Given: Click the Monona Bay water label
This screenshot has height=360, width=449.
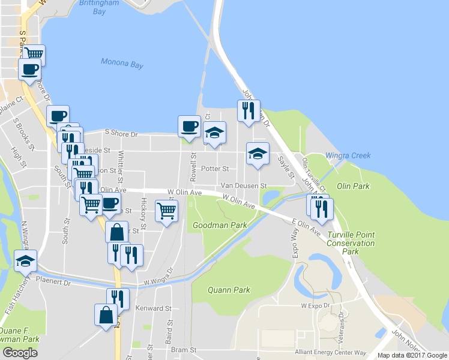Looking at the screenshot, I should [120, 62].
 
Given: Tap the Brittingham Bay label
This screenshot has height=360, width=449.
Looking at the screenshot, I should [101, 7].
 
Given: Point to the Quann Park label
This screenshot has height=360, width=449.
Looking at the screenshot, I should [229, 290].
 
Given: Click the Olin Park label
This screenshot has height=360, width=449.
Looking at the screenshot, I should [353, 186].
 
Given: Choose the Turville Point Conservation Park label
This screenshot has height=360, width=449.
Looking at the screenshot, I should [351, 243].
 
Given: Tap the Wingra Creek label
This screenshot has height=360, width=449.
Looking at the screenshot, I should [348, 155].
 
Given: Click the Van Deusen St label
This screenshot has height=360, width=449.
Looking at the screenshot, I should [243, 186].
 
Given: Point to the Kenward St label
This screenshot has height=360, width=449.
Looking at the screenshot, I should [153, 308].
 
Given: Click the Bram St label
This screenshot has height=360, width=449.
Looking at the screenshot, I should [183, 349].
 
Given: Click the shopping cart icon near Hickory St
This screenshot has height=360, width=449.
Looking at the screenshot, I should [166, 210].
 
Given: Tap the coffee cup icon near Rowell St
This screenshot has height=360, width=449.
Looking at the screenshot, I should [189, 126].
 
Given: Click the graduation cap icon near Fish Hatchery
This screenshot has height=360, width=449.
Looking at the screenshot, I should [26, 260].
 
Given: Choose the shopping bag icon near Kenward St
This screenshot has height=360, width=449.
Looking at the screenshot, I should [106, 314].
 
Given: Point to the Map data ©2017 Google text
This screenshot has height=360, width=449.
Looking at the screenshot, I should [411, 355].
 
